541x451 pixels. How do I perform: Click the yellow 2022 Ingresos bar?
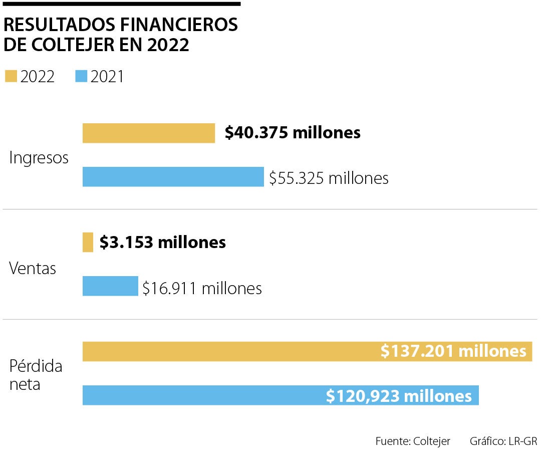149,133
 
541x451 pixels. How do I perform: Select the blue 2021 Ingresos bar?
173,177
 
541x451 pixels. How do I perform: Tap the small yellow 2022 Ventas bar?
88,243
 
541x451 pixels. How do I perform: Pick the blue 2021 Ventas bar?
110,286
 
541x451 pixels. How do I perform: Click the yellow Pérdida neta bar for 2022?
230,351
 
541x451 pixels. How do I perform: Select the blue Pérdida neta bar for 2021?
200,395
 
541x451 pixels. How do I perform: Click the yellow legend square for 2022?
11,77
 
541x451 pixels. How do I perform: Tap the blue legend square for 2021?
81,77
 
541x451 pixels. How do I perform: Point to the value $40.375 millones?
293,133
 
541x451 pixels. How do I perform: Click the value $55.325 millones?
329,178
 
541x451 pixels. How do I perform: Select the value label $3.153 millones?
163,243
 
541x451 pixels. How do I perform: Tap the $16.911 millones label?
202,288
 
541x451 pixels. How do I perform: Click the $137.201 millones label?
453,351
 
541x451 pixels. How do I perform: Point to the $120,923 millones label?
399,396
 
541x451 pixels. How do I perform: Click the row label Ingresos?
39,158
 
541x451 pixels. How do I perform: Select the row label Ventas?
33,269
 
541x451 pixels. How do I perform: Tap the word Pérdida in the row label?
36,366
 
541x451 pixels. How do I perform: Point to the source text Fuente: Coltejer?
413,441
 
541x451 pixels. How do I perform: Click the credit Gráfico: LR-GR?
503,441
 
